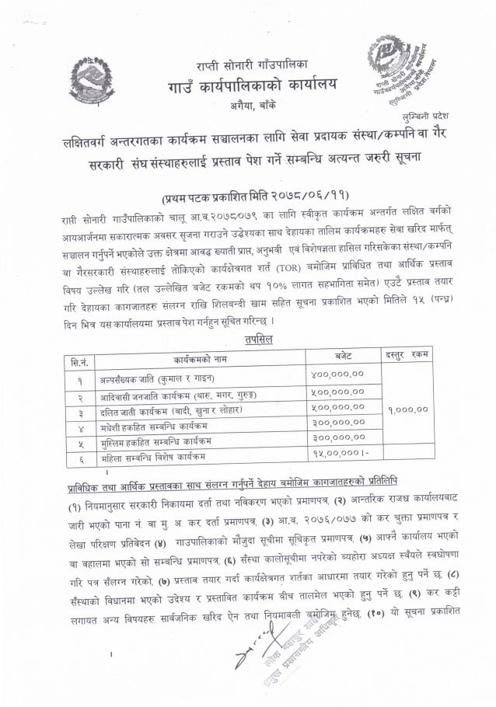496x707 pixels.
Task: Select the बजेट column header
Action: [x=343, y=357]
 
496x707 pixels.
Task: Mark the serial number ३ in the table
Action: [x=79, y=408]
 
